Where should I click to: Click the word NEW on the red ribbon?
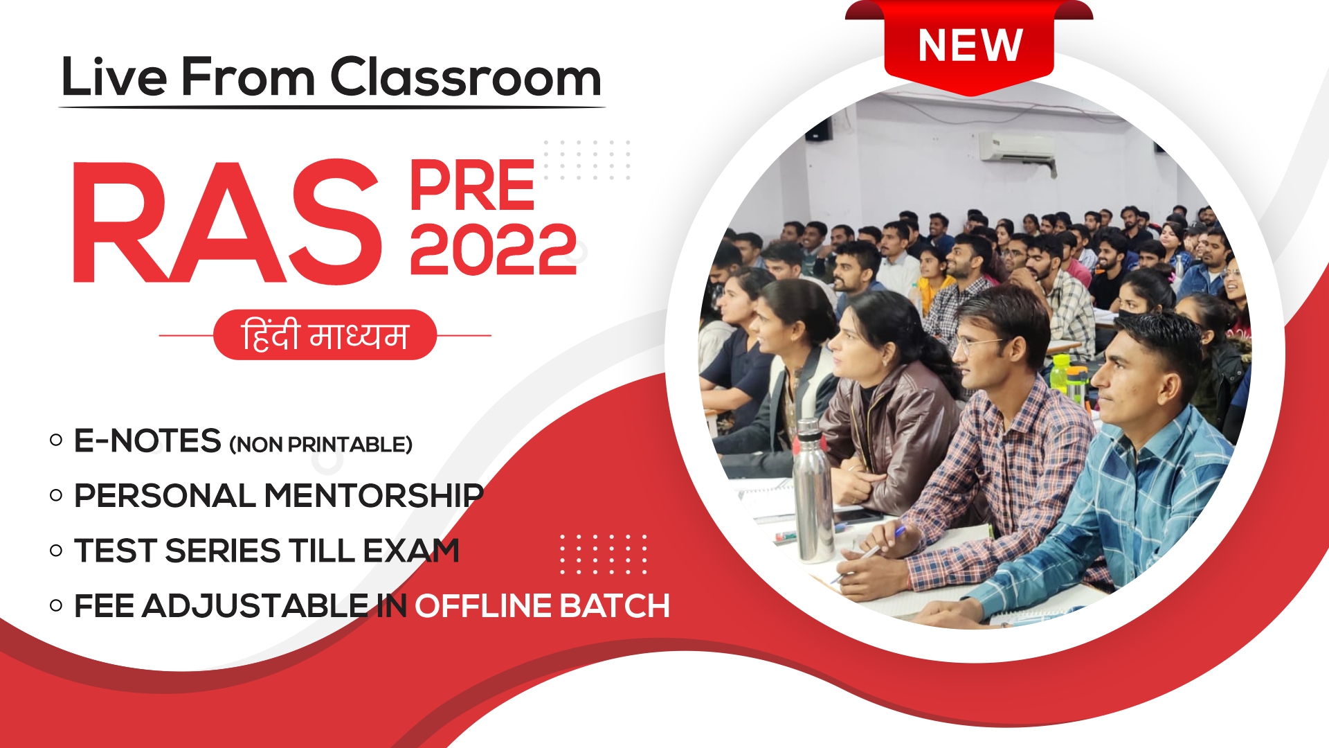(x=970, y=46)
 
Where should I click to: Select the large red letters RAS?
(x=227, y=222)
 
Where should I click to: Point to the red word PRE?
(x=472, y=185)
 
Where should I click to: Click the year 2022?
(x=494, y=249)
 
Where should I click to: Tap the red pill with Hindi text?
(x=325, y=335)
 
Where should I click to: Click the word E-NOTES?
(x=147, y=441)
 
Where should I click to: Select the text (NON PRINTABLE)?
(x=320, y=445)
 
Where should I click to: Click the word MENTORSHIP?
(x=374, y=496)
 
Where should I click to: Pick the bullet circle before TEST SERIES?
(x=56, y=551)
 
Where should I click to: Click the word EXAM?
(x=411, y=551)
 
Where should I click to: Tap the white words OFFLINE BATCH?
(x=542, y=606)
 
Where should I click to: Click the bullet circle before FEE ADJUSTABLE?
(x=56, y=606)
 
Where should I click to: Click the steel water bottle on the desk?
(x=813, y=490)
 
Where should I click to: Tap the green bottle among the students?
(x=1060, y=374)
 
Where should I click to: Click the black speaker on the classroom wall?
(x=819, y=129)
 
